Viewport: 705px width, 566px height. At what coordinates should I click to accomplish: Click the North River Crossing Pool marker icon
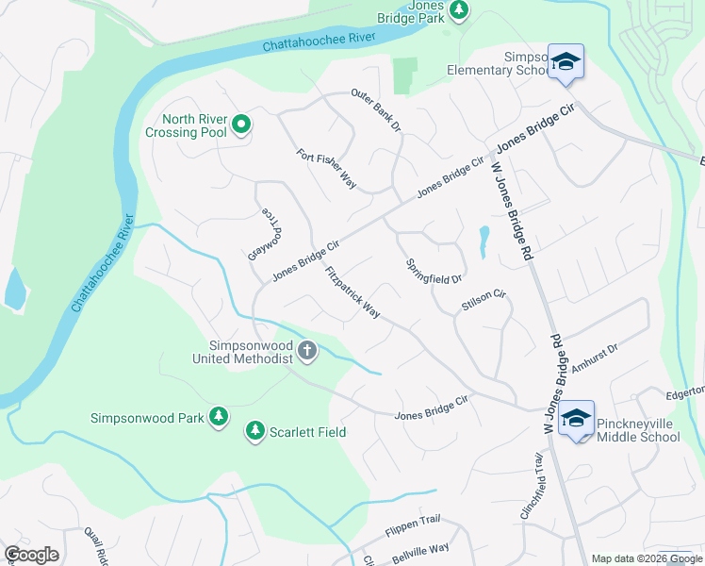pos(241,124)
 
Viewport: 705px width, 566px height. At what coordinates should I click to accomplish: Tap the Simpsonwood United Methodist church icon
pos(306,352)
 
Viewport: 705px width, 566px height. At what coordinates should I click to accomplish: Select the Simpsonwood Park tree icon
pos(219,417)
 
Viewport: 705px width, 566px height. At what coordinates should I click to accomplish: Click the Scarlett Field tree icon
pos(254,431)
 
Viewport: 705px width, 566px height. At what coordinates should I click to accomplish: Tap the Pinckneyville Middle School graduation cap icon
pos(576,419)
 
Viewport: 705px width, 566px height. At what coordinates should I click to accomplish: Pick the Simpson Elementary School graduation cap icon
pos(566,62)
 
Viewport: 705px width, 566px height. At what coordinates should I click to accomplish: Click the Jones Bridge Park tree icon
pos(458,10)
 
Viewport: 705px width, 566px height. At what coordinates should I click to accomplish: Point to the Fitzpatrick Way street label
pos(352,291)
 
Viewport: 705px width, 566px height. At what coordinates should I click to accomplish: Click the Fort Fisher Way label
pos(325,170)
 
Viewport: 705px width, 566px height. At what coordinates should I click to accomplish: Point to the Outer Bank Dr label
pos(375,110)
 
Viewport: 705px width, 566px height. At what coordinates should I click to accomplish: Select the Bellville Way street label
pos(420,553)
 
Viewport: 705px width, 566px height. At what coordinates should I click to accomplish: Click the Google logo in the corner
pos(31,555)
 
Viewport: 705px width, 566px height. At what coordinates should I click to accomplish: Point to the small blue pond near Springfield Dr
pos(484,241)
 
